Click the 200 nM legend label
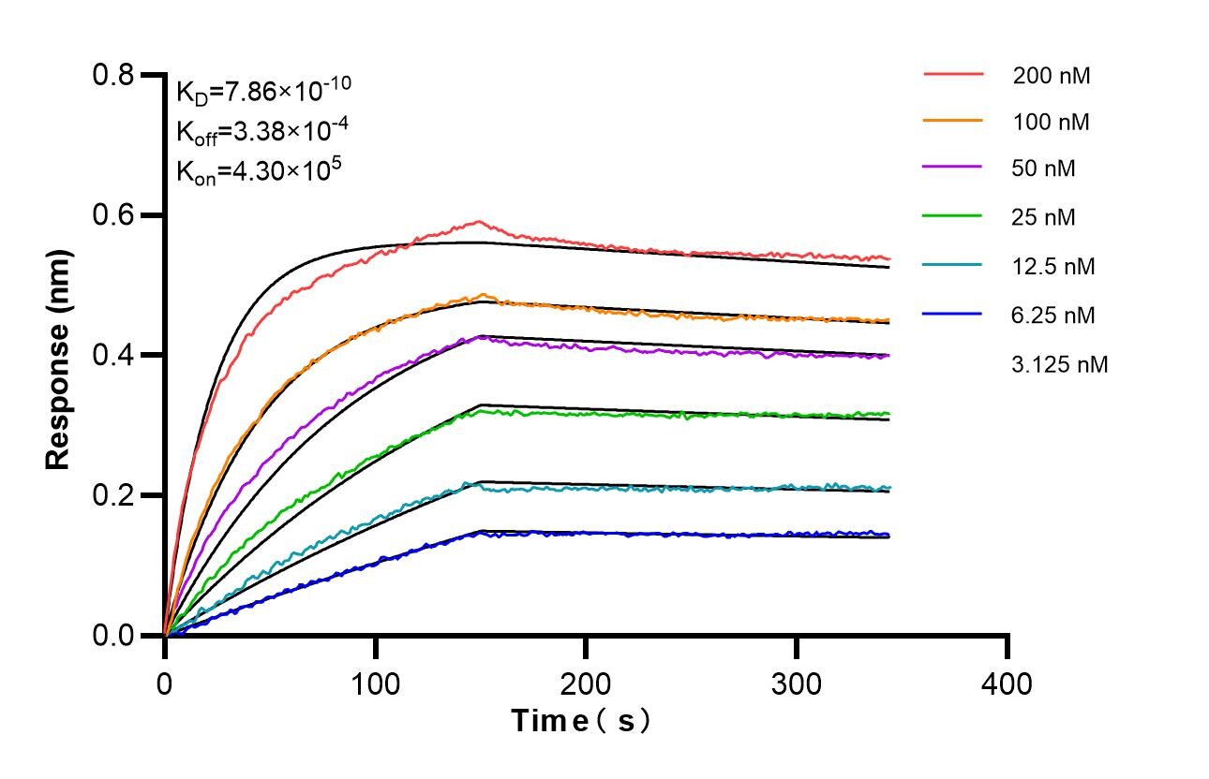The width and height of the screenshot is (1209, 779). coord(1052,77)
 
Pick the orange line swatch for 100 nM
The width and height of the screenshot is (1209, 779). coord(953,121)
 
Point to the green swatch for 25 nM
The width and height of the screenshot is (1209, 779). coord(953,217)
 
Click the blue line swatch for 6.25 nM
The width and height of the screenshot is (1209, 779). coord(953,315)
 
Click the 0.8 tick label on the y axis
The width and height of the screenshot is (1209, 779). coord(114,75)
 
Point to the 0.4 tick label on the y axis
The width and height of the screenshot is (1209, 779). coord(114,356)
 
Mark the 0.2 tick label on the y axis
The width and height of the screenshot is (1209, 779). coord(114,496)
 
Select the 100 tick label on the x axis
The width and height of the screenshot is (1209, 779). coord(375,683)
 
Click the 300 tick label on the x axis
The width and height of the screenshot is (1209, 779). coord(796,683)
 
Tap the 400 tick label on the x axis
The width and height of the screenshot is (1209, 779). coord(1007,683)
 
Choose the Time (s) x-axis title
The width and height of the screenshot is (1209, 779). coord(581,721)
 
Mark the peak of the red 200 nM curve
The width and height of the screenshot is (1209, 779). coord(480,222)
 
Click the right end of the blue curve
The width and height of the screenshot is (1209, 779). coord(888,535)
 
